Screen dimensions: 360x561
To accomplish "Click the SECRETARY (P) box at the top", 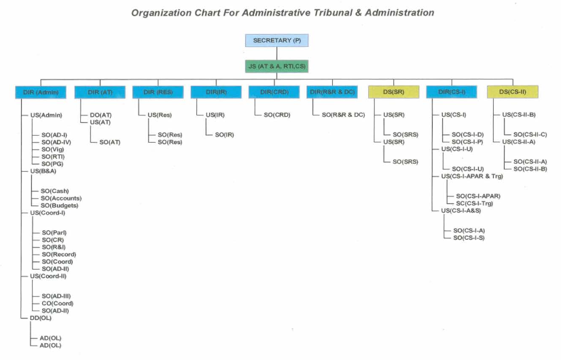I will [276, 41].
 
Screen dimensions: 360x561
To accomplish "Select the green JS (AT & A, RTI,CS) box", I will [276, 66].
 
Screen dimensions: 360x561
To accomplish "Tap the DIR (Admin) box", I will [38, 92].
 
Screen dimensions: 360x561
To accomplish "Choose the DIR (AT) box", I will [99, 92].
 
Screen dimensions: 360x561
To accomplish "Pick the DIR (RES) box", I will [158, 92].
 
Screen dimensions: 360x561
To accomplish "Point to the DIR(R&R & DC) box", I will [333, 92].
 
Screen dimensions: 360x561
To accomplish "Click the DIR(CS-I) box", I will [452, 92].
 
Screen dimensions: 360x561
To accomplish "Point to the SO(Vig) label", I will [52, 149].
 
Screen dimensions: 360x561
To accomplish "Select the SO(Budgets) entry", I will [60, 205].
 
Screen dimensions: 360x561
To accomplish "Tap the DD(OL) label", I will [41, 318].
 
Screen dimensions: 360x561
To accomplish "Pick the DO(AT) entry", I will [101, 115].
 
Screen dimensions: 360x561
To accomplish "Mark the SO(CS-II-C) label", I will [530, 134].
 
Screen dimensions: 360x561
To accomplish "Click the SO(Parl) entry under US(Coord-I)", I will [54, 232].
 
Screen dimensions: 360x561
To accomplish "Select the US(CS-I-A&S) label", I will [466, 211].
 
